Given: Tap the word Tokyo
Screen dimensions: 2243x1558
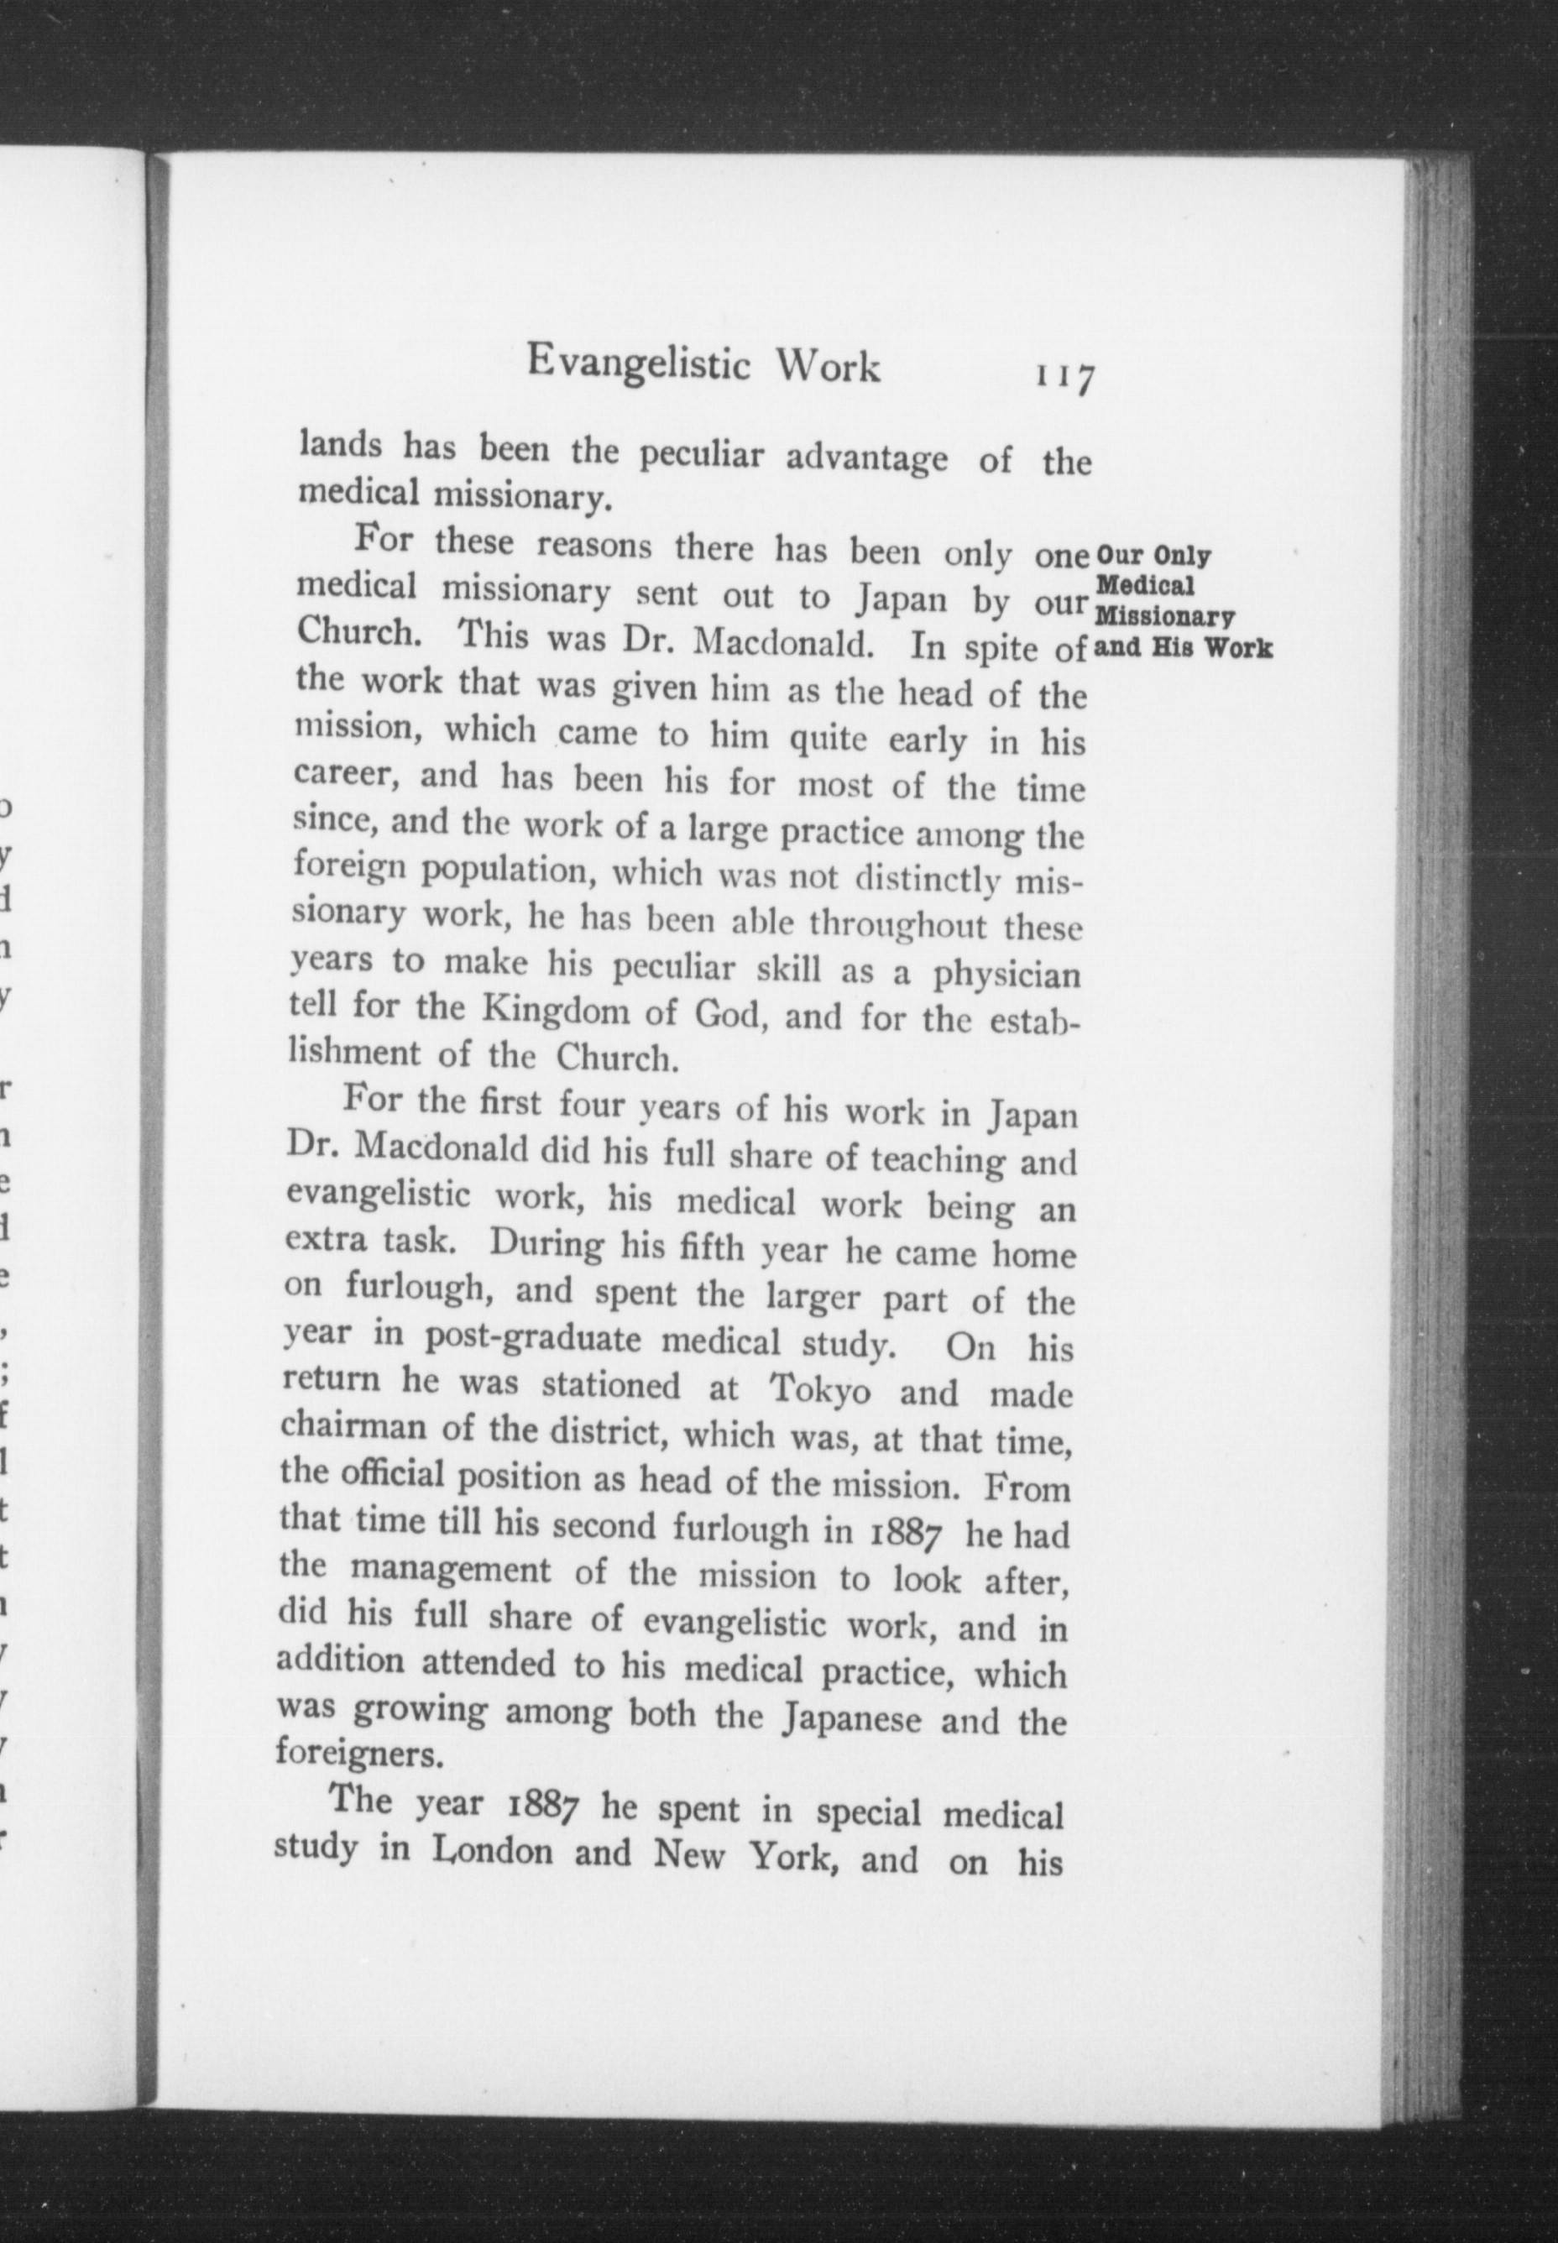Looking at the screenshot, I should (x=820, y=1389).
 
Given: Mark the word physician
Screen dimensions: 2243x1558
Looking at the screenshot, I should (x=1007, y=975).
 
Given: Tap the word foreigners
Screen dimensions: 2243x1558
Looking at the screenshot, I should (x=360, y=1751).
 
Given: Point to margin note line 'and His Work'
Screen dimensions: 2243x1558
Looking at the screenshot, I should (x=1182, y=647).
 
